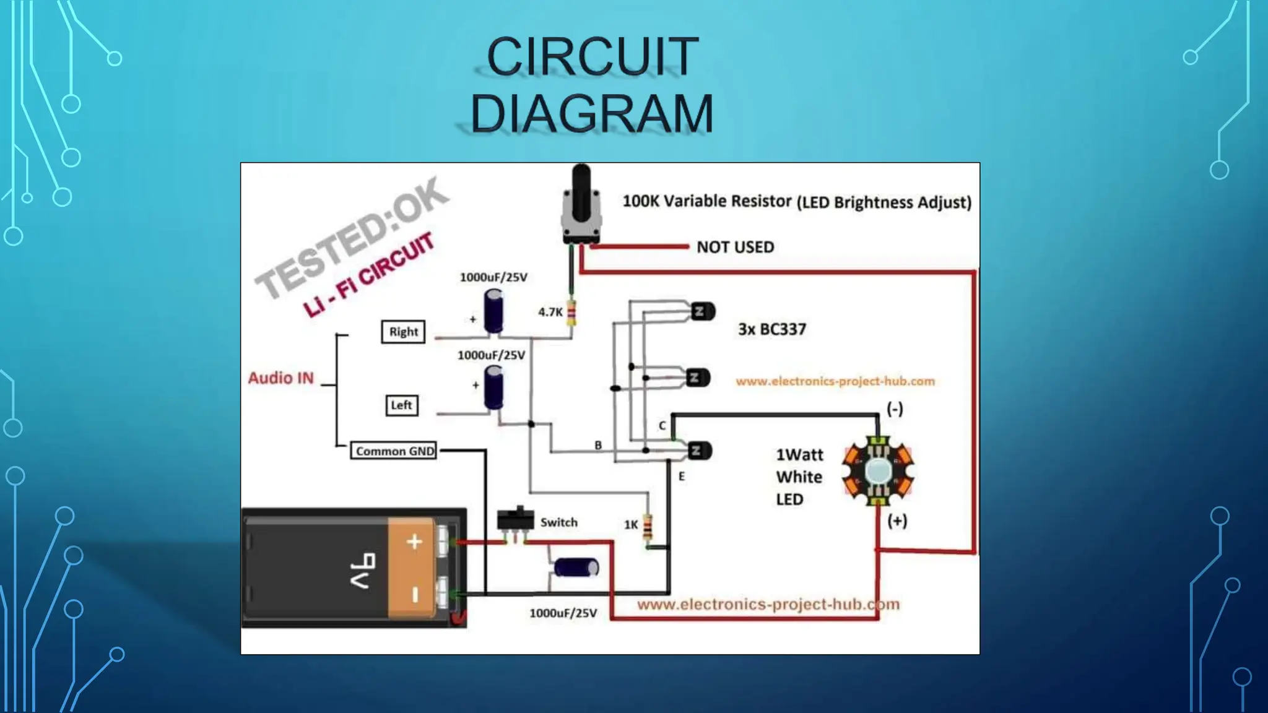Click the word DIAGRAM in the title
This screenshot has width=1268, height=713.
tap(592, 114)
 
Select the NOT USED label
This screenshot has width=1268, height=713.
tap(735, 247)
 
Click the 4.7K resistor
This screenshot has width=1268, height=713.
tap(571, 313)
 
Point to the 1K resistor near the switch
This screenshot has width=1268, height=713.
tap(648, 526)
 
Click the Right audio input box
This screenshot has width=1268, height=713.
tap(403, 332)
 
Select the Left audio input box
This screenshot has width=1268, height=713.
tap(401, 405)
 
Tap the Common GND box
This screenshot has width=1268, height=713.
tap(394, 451)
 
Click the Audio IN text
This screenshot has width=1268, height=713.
tap(281, 378)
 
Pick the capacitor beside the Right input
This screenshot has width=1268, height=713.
tap(493, 311)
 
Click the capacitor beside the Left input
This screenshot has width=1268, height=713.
tap(493, 387)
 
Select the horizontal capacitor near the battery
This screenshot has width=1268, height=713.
tap(576, 567)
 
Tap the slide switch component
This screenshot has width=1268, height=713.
tap(515, 519)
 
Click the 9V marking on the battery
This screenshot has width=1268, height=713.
tap(365, 571)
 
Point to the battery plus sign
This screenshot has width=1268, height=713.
tap(414, 542)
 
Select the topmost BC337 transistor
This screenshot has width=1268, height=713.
tap(701, 311)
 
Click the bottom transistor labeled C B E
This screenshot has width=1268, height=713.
tap(698, 451)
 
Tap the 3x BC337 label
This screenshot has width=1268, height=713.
tap(772, 329)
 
